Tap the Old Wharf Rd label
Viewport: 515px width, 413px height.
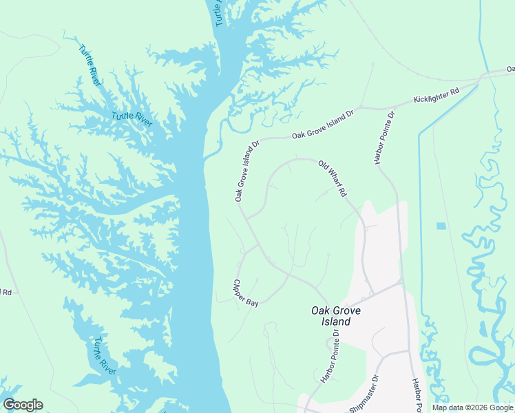(x=331, y=178)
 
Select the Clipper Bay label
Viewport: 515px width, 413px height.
(x=245, y=293)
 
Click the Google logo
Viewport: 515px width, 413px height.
(x=23, y=405)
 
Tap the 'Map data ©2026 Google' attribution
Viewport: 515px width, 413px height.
(x=472, y=407)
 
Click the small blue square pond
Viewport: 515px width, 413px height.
(x=441, y=226)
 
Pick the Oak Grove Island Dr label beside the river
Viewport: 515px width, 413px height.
(x=246, y=171)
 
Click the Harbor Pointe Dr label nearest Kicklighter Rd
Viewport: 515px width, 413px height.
(x=384, y=137)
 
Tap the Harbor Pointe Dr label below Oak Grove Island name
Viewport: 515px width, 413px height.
(x=330, y=357)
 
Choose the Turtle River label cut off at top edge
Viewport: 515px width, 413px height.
(x=220, y=12)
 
